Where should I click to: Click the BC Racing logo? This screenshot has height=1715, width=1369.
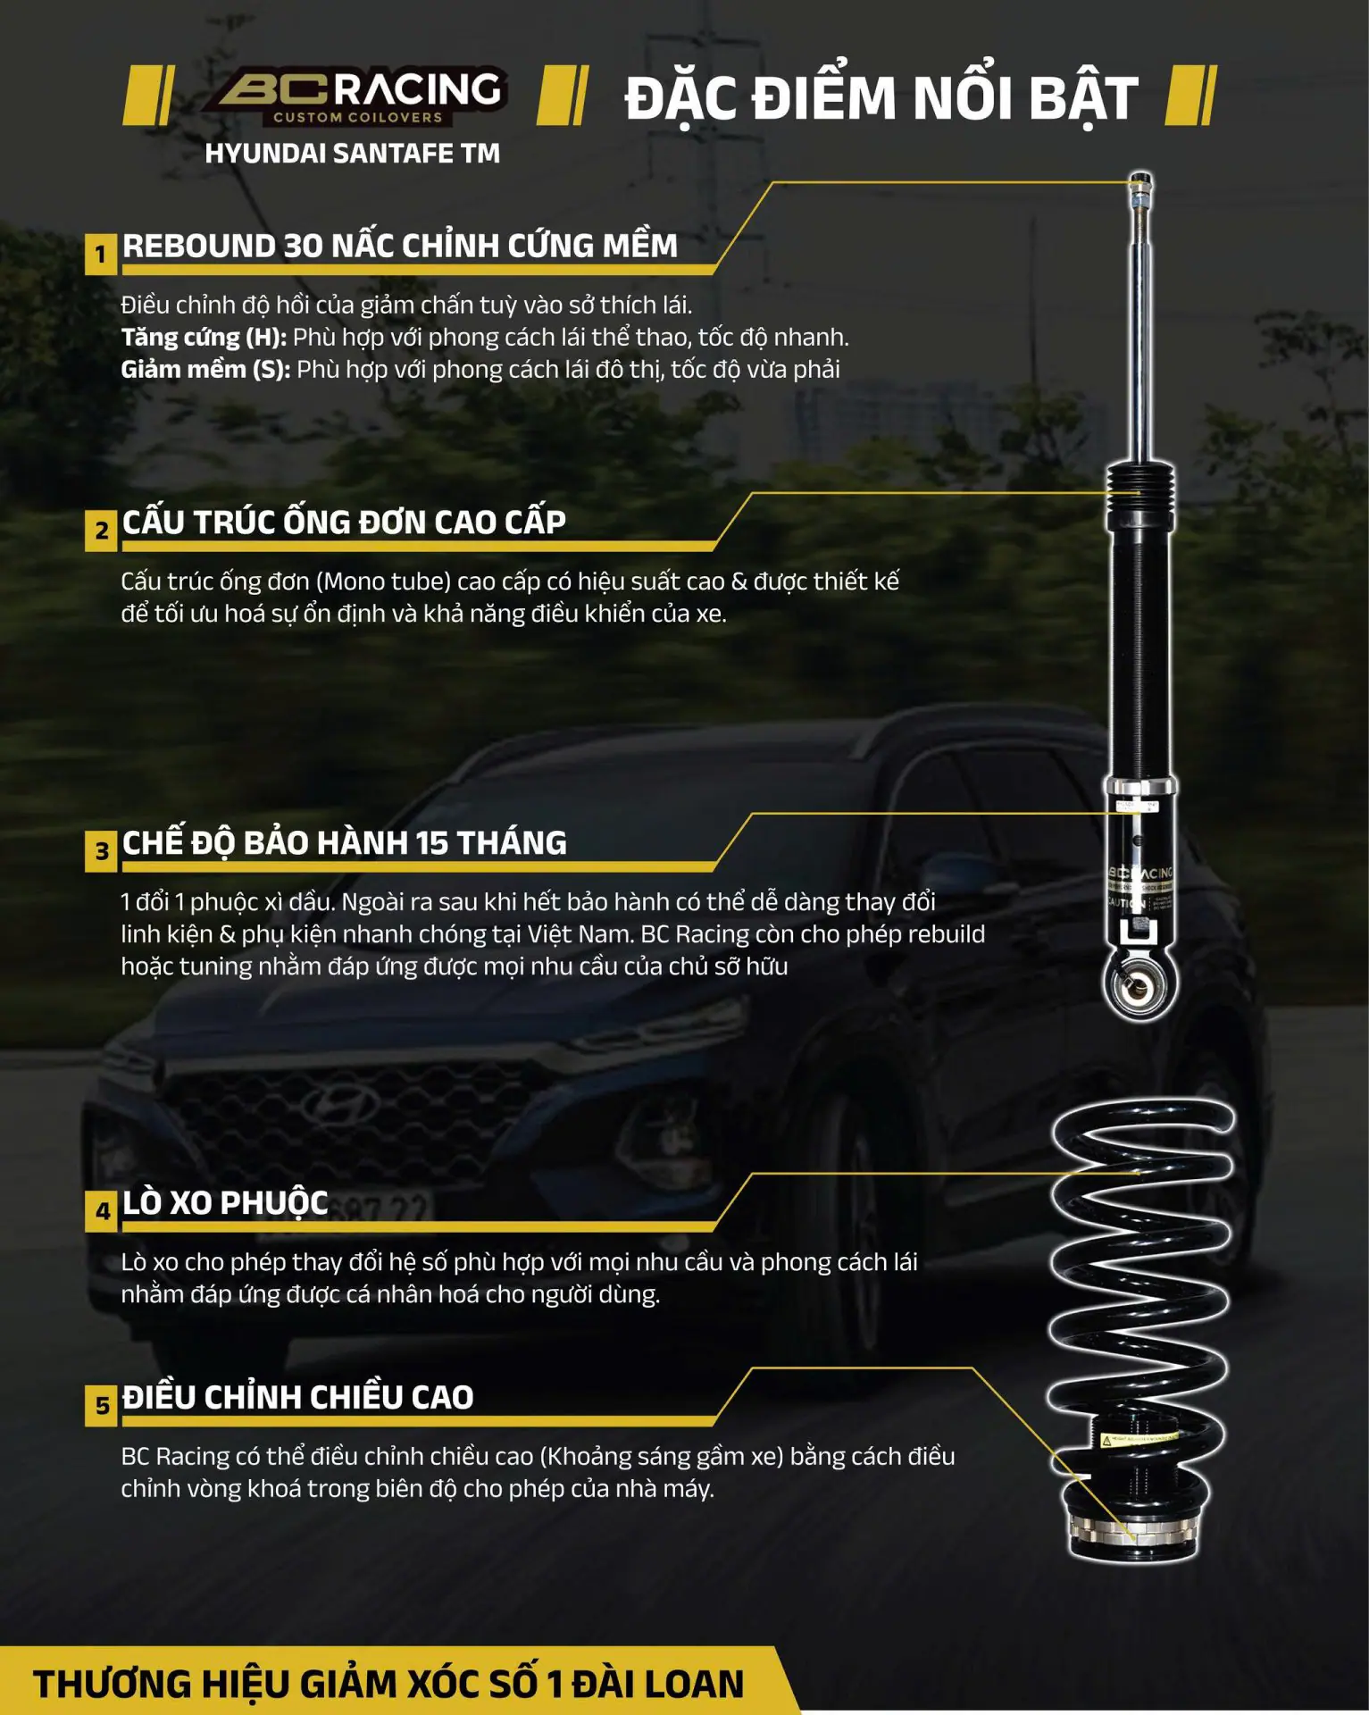point(355,95)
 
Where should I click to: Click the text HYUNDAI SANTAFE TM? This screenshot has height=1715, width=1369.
point(352,154)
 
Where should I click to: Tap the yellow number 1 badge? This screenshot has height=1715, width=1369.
point(101,255)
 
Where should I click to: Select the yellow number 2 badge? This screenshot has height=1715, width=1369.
point(101,531)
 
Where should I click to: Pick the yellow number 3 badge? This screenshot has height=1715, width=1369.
point(101,851)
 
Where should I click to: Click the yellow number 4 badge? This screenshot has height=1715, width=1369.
point(101,1212)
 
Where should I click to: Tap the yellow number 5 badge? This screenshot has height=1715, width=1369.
point(101,1406)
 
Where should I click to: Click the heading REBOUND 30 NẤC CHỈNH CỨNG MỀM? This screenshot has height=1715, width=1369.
point(400,246)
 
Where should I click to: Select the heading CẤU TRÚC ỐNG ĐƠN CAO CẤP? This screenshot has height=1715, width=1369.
point(344,522)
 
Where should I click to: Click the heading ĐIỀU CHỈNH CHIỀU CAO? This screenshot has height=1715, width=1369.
point(297,1397)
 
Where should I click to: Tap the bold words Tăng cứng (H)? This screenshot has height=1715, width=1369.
point(204,338)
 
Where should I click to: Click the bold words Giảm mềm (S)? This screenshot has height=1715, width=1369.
point(205,370)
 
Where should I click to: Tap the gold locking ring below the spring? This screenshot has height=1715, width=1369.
point(1131,1530)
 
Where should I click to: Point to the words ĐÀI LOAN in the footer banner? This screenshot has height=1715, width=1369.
point(658,1684)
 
